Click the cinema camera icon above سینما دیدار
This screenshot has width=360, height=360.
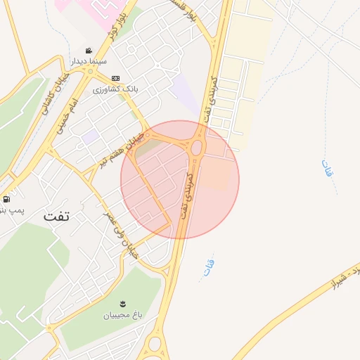pos(89,51)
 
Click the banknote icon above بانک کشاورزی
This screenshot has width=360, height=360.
pos(115,78)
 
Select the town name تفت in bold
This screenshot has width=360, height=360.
pos(57,216)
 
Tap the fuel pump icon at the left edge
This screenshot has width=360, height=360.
pos(6,199)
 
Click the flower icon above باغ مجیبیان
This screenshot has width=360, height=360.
pos(123,304)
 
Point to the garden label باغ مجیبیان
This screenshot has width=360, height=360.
pos(124,316)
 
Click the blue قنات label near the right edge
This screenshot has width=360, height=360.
pos(327,169)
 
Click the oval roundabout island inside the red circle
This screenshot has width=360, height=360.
pos(197,148)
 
